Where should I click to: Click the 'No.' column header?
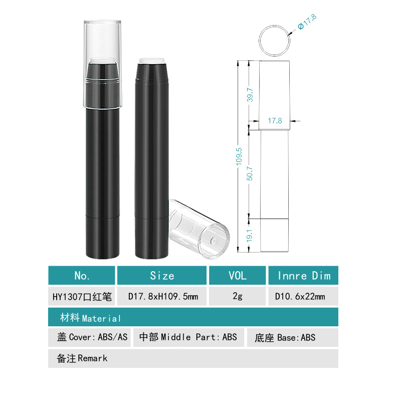tap(82, 276)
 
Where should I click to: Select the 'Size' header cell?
tap(162, 276)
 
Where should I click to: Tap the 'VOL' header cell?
tap(237, 276)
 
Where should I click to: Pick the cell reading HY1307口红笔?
tap(82, 297)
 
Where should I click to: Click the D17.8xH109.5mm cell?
tap(162, 297)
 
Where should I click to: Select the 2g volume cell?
tap(237, 297)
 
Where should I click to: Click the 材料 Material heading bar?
tap(193, 318)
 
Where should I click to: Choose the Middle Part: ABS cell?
tap(188, 337)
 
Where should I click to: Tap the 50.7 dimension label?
tap(250, 173)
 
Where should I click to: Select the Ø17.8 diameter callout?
tap(307, 23)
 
